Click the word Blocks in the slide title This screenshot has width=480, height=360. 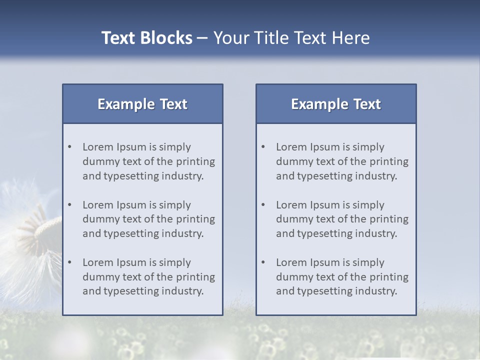point(166,38)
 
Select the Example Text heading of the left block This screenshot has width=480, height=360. point(142,104)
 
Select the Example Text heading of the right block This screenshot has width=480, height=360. point(336,104)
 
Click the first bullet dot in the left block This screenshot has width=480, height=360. point(70,147)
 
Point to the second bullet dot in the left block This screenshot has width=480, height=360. point(70,205)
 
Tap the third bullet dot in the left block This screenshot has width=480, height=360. point(70,262)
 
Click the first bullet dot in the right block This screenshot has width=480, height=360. point(263,147)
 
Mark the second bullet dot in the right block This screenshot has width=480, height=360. point(263,205)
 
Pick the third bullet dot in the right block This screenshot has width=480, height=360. point(263,262)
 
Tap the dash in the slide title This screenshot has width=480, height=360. point(202,38)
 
